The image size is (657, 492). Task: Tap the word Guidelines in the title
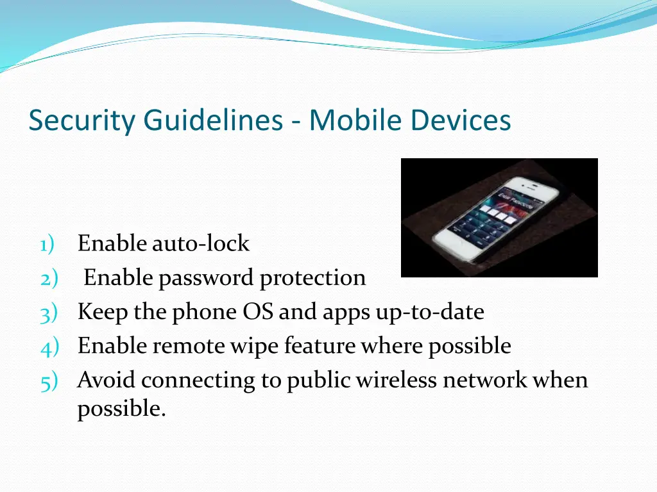212,120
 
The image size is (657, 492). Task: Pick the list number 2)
49,278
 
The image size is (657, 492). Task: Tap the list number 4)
49,346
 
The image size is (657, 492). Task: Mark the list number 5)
49,381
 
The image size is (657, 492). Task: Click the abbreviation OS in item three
258,312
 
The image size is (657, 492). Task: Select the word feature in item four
319,346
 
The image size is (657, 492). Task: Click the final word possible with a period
121,409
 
